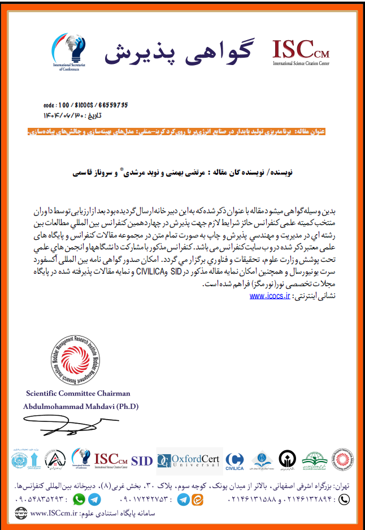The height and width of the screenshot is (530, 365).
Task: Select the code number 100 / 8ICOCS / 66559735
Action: (x=85, y=105)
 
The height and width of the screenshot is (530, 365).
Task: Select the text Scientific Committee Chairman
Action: (x=78, y=393)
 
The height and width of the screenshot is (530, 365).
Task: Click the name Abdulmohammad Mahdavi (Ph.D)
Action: (x=81, y=406)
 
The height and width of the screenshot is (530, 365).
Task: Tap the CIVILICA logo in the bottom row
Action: (x=235, y=462)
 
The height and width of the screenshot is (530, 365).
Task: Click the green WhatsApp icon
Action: (x=79, y=499)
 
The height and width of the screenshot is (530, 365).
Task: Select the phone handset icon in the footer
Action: (x=344, y=499)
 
